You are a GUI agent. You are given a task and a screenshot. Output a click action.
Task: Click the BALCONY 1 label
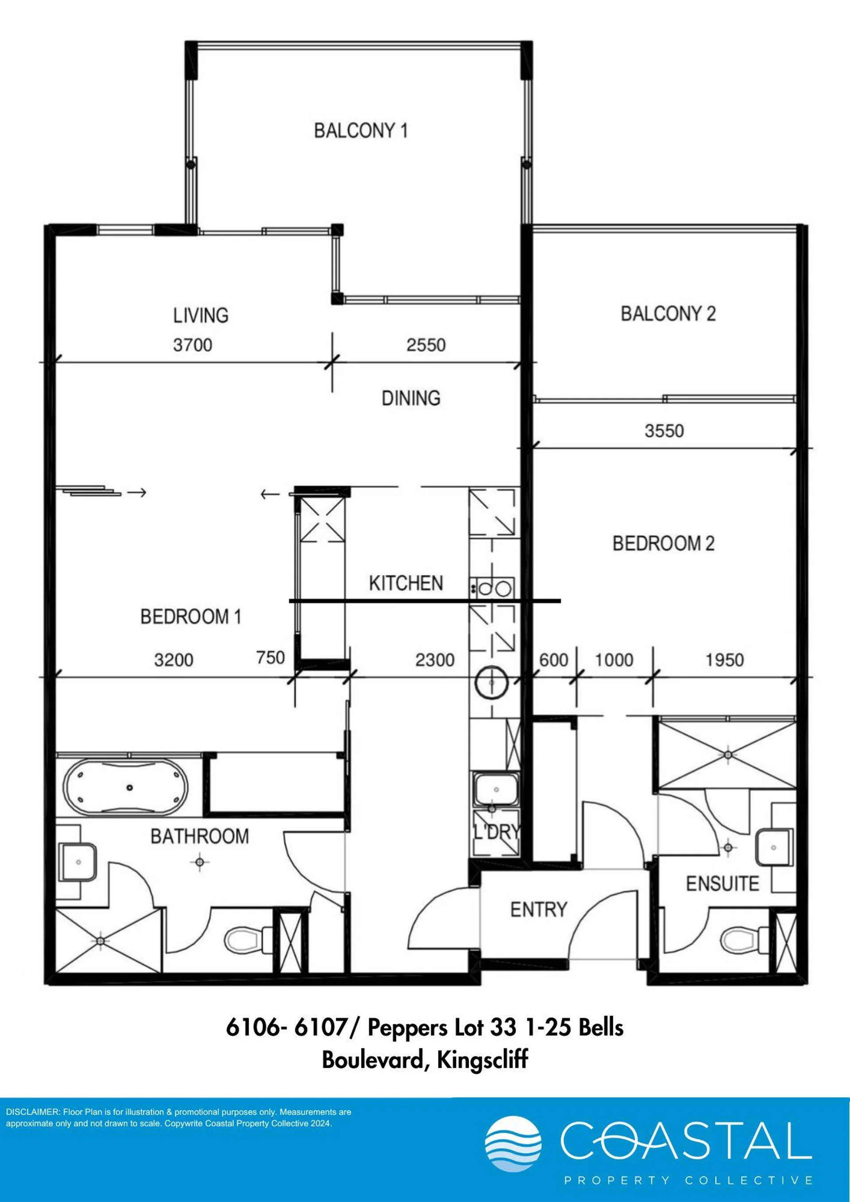(x=361, y=130)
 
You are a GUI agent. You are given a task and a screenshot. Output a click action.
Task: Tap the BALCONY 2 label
(x=668, y=313)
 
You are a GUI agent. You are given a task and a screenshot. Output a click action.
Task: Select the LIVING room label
(x=201, y=315)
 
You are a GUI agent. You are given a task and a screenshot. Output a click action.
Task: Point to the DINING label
(x=411, y=398)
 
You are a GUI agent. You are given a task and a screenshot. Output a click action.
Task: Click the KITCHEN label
(x=406, y=583)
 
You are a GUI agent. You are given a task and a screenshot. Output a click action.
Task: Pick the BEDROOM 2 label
(x=664, y=543)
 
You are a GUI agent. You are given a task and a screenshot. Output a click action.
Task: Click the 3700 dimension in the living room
(x=193, y=345)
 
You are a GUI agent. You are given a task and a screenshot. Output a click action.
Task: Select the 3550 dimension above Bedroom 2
(x=664, y=431)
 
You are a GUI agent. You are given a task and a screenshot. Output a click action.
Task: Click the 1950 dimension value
(x=724, y=660)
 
